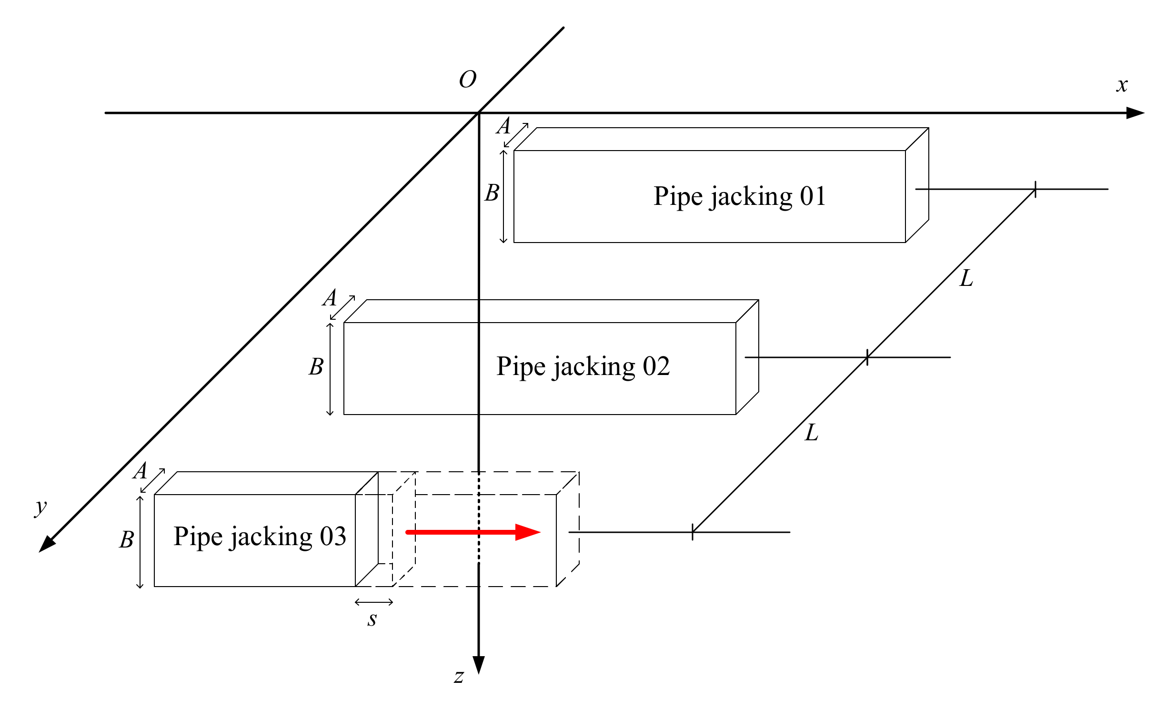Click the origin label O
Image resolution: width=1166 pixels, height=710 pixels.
click(x=467, y=80)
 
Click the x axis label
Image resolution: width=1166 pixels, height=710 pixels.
click(x=1121, y=85)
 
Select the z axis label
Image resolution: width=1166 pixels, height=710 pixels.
click(x=459, y=676)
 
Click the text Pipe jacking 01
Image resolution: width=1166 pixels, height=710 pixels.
click(x=739, y=196)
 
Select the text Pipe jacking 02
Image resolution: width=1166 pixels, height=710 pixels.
click(x=583, y=366)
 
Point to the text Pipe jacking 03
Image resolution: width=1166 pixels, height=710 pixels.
click(x=260, y=537)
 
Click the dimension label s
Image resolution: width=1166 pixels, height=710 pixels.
click(x=372, y=619)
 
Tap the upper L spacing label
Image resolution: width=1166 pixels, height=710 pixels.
click(x=966, y=278)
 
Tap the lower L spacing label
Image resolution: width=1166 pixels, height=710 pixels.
click(x=812, y=433)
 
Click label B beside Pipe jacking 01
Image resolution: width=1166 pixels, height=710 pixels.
click(x=492, y=193)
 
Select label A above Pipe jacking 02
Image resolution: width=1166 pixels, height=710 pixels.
click(x=330, y=298)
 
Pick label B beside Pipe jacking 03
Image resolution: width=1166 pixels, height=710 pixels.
click(x=126, y=540)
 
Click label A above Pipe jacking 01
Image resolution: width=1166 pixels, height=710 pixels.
click(x=503, y=126)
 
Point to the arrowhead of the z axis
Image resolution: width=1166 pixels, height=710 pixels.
click(x=479, y=664)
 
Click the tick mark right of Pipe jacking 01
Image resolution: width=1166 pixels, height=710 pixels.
click(x=1035, y=189)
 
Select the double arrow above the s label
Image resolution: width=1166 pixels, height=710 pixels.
click(x=374, y=602)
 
